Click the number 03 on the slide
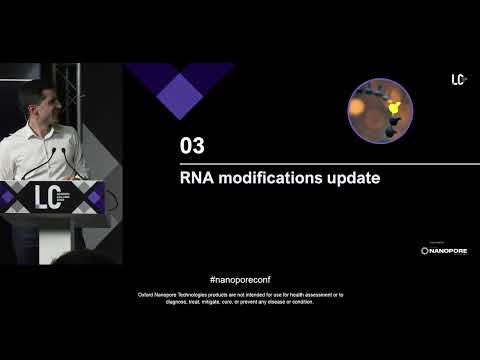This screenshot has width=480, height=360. (x=191, y=146)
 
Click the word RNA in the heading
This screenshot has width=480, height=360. (x=198, y=179)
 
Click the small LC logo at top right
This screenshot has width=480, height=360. (x=459, y=79)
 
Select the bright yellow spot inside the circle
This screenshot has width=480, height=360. (x=394, y=105)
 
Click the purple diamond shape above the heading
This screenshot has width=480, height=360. (x=180, y=85)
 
